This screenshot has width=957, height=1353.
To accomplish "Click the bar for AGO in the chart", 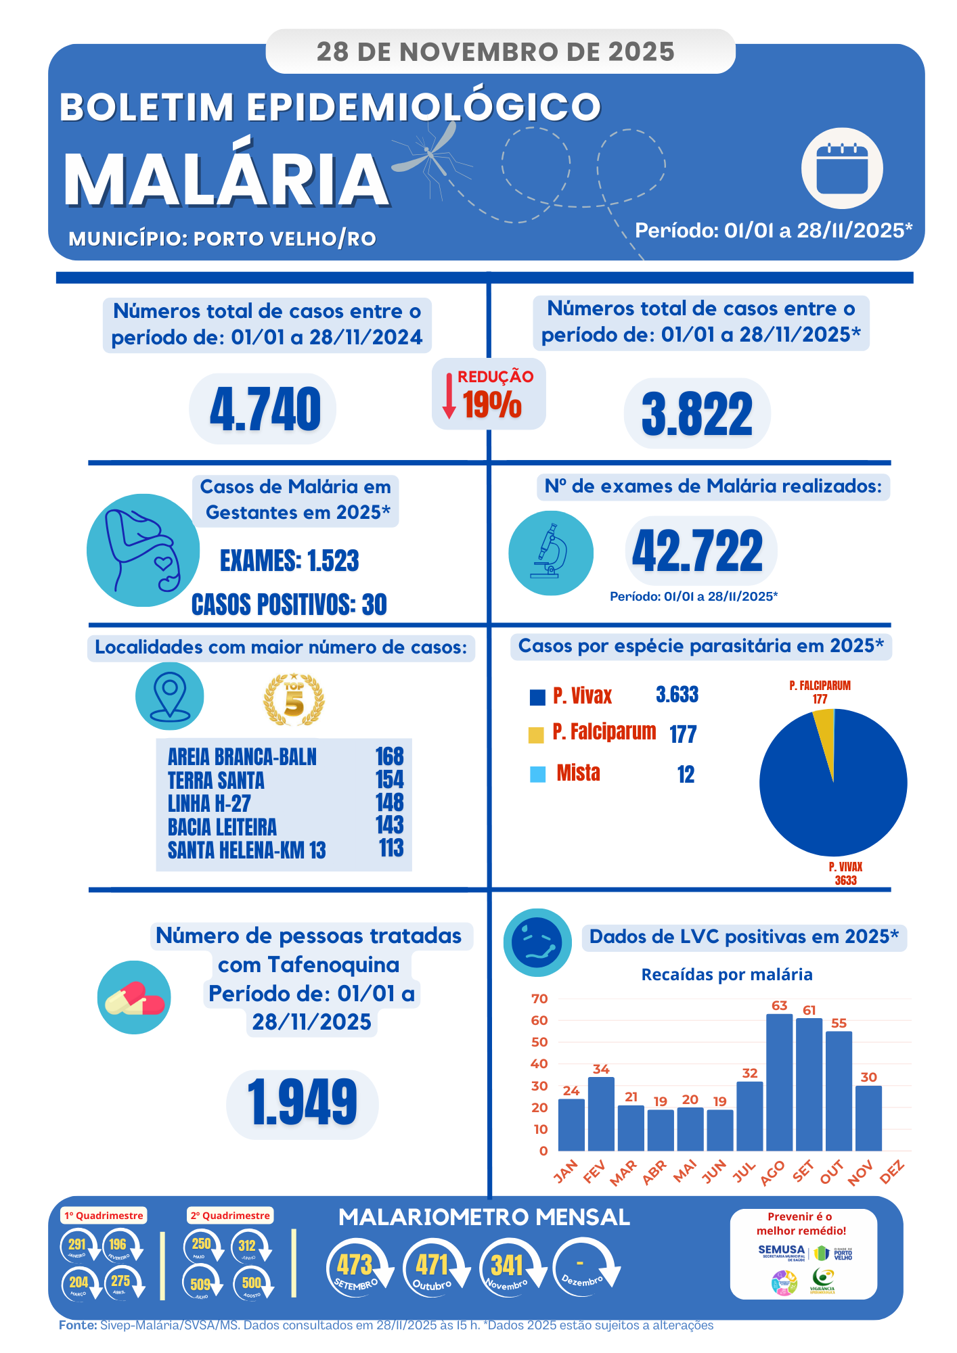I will tap(779, 1082).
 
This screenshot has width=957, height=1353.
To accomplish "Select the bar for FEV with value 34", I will tap(601, 1114).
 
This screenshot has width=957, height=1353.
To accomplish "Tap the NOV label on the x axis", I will tap(861, 1172).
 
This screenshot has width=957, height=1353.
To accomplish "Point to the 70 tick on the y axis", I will tap(539, 999).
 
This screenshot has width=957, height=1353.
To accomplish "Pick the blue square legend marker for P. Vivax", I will tap(537, 697).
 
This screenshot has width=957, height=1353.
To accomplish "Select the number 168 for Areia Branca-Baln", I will tap(389, 756).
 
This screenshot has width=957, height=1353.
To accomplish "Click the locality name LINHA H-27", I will tap(209, 804).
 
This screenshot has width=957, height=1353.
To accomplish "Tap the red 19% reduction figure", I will tap(492, 405).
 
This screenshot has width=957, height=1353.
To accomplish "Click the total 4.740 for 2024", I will tap(265, 410).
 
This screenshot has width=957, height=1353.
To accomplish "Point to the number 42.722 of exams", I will tap(697, 551).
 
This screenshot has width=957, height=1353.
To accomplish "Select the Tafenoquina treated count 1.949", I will tap(303, 1103).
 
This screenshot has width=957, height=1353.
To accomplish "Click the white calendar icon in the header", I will tap(842, 168).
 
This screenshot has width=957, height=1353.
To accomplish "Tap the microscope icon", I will tap(551, 553).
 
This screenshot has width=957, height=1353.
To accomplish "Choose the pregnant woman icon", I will tap(143, 550).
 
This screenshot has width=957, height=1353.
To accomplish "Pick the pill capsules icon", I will tap(134, 998).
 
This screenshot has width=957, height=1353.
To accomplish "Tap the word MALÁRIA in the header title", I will tap(226, 179).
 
